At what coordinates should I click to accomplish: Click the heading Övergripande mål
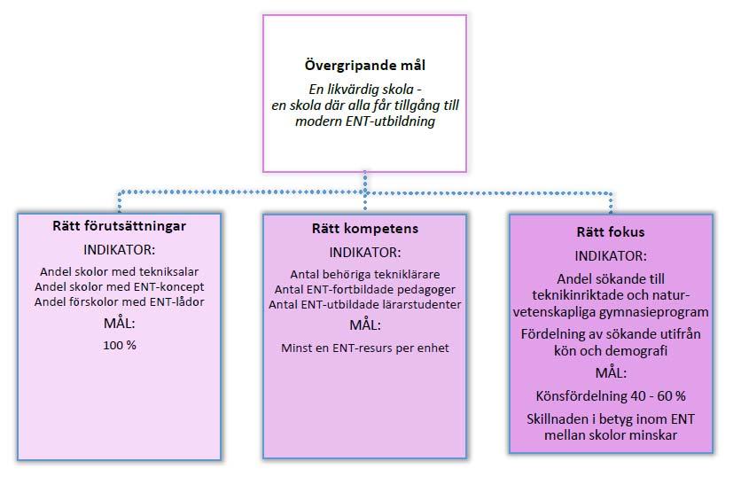point(365,66)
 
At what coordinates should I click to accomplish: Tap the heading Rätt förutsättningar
point(119,226)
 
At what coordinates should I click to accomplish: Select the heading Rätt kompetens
point(365,229)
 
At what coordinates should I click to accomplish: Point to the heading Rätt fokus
point(611,232)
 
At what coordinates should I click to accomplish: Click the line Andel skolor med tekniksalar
point(119,272)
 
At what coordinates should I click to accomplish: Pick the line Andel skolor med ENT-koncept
point(119,287)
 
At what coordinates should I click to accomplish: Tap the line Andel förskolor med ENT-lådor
point(119,302)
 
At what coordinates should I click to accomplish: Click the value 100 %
point(120,346)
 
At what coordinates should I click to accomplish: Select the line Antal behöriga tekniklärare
point(365,275)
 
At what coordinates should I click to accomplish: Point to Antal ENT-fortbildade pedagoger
point(365,290)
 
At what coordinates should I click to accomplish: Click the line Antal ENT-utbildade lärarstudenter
point(365,305)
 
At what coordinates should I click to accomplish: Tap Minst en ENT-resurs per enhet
point(365,348)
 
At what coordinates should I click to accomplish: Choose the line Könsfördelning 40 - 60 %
point(611,396)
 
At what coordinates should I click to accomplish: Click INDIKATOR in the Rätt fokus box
point(611,256)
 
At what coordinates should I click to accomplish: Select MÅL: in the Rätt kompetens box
point(365,325)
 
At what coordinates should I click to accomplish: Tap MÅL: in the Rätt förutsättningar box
point(119,324)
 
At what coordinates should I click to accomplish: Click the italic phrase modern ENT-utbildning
point(365,121)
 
